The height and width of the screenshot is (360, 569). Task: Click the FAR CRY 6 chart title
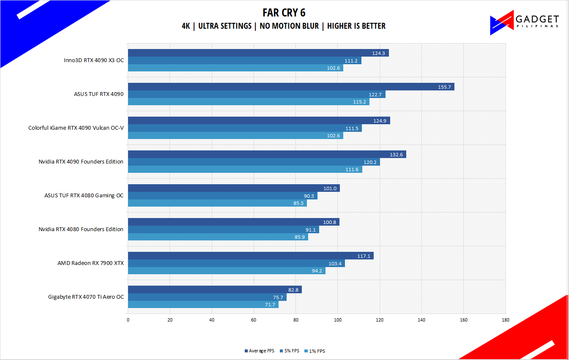click(x=284, y=12)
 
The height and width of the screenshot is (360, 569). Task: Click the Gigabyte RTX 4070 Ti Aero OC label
click(x=86, y=297)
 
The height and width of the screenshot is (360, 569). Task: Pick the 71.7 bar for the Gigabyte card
click(x=203, y=305)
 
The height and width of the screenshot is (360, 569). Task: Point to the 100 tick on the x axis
click(x=338, y=320)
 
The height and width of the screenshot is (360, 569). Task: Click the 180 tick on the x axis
click(x=505, y=320)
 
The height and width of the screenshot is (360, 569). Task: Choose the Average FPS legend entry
click(x=260, y=351)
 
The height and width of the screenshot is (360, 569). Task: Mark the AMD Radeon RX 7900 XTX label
click(x=90, y=263)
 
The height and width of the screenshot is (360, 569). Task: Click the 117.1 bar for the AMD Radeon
click(x=251, y=256)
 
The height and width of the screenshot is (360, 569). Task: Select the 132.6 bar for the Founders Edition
click(x=267, y=154)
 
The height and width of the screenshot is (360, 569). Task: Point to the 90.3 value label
click(x=309, y=196)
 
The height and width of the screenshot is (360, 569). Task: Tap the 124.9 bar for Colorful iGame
click(x=259, y=120)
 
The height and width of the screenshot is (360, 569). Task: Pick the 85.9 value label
click(x=300, y=237)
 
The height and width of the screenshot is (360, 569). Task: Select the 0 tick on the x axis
click(x=128, y=320)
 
